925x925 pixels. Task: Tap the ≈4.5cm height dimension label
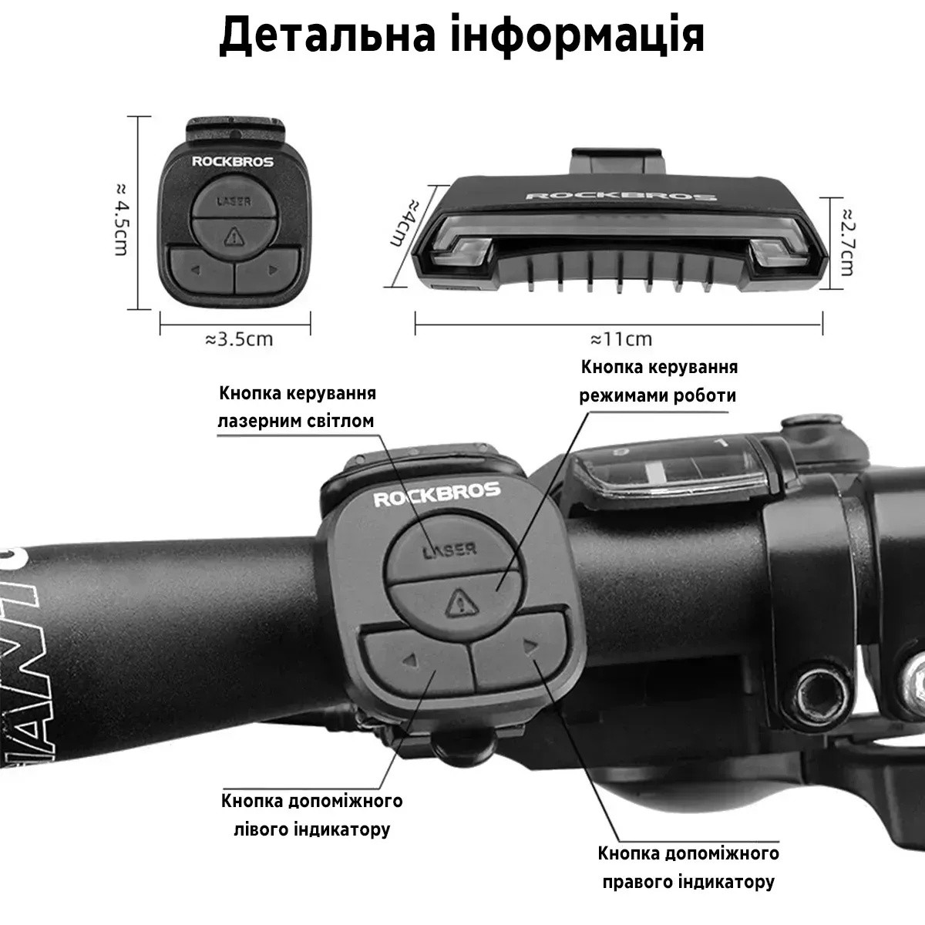[122, 219]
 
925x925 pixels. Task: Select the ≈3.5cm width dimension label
[239, 339]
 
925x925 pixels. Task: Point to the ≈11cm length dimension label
[621, 339]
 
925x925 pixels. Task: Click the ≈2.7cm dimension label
[848, 242]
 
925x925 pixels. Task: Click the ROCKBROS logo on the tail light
[621, 196]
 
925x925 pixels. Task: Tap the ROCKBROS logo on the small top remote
[233, 162]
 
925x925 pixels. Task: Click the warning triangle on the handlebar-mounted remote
[461, 604]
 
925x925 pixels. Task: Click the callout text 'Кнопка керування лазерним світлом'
[297, 407]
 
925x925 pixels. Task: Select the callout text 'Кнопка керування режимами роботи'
[658, 381]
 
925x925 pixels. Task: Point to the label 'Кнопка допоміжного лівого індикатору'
[312, 815]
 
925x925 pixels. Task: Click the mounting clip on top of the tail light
[617, 161]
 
